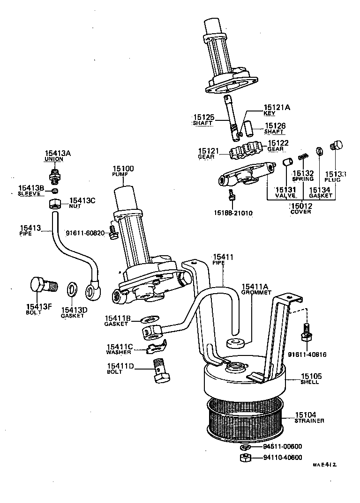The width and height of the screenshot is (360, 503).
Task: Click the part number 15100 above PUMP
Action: click(122, 169)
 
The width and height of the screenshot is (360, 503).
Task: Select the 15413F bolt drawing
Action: click(41, 285)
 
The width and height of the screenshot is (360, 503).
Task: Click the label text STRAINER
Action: click(309, 421)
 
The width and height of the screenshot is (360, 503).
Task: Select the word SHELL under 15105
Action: click(309, 382)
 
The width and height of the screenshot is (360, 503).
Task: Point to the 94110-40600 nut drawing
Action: click(244, 458)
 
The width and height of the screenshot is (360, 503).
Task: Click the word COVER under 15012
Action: click(300, 212)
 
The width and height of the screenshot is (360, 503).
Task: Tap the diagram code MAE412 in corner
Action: click(325, 465)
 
